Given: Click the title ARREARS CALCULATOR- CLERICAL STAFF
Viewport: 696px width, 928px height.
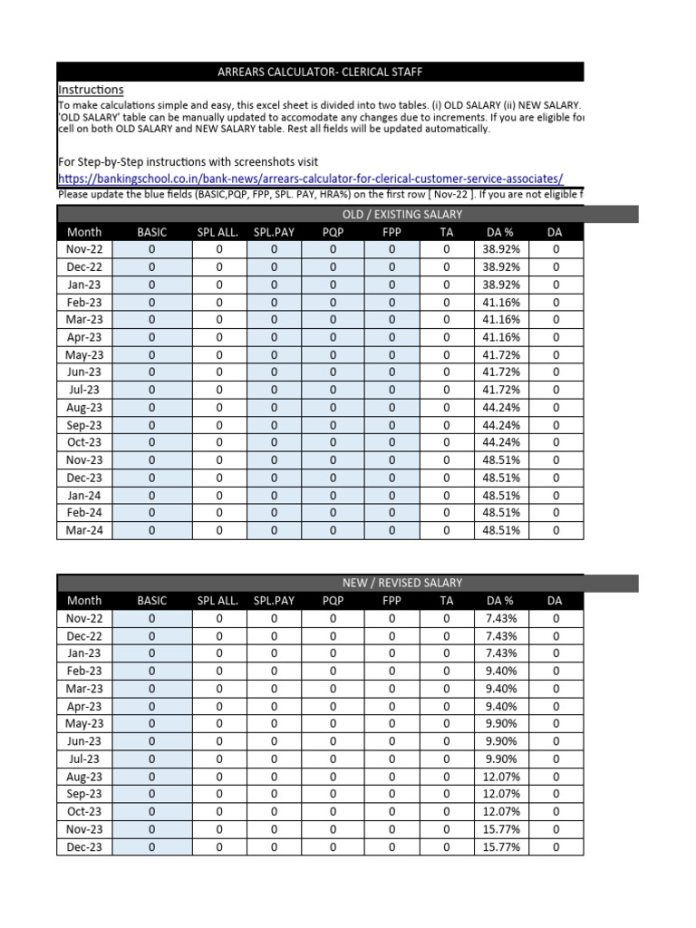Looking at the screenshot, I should tap(320, 72).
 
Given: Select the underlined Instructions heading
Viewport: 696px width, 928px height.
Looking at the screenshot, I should tap(91, 90).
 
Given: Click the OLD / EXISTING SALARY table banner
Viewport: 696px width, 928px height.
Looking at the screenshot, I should tap(401, 215).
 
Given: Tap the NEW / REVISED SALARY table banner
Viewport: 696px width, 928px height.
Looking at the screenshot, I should tap(401, 583).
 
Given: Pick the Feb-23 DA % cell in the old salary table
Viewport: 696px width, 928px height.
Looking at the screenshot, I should tap(501, 303).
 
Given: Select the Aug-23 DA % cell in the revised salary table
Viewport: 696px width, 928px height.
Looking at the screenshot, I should tap(501, 777).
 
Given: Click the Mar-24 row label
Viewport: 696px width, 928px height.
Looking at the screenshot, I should tap(84, 531).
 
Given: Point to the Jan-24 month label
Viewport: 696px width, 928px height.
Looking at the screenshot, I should tap(84, 496).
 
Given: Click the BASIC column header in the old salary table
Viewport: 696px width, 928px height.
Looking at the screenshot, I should tap(152, 233).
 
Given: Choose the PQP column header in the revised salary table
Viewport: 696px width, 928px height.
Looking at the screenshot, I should tap(333, 601).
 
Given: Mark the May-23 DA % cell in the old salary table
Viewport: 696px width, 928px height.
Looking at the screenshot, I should tap(501, 355).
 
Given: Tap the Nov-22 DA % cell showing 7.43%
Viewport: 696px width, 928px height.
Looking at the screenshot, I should tap(501, 619).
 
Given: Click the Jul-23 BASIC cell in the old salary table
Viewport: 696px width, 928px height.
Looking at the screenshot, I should tap(152, 391).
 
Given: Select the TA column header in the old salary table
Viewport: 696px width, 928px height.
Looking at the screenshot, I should tap(446, 233).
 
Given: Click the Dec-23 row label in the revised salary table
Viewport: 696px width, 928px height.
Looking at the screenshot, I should tap(84, 847).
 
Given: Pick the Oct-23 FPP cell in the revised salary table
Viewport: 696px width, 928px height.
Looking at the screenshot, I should tap(391, 812).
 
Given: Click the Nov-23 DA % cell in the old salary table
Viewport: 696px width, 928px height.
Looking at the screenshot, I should tap(501, 460).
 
